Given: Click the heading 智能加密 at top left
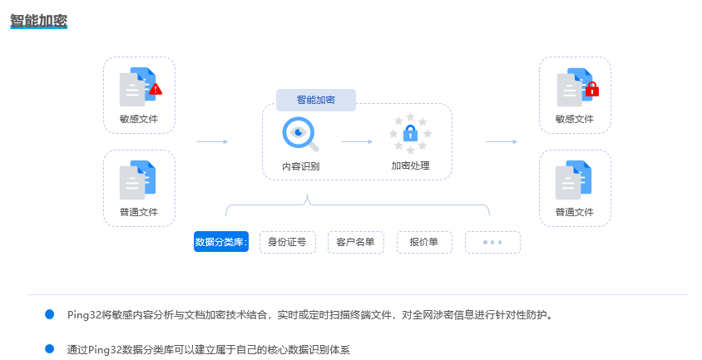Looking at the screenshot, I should [x=38, y=19].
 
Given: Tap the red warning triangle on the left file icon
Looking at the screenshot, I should [x=155, y=88].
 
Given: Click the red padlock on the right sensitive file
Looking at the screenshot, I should [x=592, y=88].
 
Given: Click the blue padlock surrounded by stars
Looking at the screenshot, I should [x=410, y=133].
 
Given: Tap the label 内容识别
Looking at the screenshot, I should [x=300, y=166].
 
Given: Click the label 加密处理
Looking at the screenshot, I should [x=410, y=165].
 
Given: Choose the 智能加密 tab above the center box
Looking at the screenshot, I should [x=316, y=100].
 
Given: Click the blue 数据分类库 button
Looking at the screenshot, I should [x=221, y=242].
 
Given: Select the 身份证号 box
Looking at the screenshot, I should [x=288, y=242].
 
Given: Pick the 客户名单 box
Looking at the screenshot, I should [x=356, y=242].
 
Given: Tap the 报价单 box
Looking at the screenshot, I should [x=424, y=242].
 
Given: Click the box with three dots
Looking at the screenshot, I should [x=492, y=242].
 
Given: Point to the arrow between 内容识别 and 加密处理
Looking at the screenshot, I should [x=357, y=141].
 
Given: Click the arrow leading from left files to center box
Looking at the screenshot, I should [x=212, y=141].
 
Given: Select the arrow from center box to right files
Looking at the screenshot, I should [x=502, y=141].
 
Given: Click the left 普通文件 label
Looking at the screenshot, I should [x=139, y=212].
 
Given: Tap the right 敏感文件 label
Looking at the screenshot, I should [x=575, y=119].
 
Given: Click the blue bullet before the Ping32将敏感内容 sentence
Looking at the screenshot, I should [x=49, y=314].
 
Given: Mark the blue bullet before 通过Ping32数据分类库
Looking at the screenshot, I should [x=49, y=348].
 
